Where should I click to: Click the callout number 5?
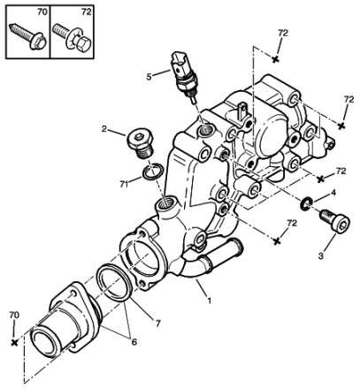click(x=149, y=77)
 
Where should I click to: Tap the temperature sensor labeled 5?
click(x=183, y=76)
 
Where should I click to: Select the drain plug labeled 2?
click(x=141, y=144)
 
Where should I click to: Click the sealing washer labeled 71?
click(x=152, y=172)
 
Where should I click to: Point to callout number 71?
click(x=124, y=184)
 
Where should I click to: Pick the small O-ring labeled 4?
click(x=306, y=204)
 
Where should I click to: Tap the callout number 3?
click(x=321, y=256)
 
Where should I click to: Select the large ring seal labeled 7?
click(x=113, y=283)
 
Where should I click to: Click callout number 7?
click(x=157, y=324)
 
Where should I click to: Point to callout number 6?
click(x=134, y=342)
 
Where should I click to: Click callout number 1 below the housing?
click(x=210, y=301)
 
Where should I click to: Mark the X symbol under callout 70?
click(x=14, y=342)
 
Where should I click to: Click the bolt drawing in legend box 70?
click(x=28, y=37)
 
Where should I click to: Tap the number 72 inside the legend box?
click(x=87, y=12)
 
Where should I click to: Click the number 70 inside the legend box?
click(x=42, y=12)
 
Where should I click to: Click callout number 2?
click(x=103, y=129)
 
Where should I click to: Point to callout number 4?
click(x=333, y=193)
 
